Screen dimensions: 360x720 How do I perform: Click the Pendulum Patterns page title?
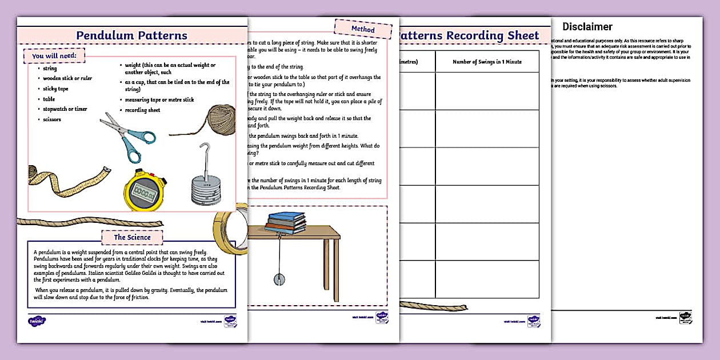(132, 35)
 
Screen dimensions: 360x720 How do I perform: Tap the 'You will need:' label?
(54, 56)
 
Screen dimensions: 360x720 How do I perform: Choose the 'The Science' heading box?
(132, 237)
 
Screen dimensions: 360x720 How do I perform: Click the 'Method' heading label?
(363, 29)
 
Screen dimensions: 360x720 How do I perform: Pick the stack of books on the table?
(286, 222)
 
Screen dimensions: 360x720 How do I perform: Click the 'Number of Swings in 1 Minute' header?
(487, 62)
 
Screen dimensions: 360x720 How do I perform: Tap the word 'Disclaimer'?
(587, 27)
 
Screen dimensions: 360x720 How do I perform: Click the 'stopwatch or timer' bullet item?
(65, 109)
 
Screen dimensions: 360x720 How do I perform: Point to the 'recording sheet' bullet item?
(143, 110)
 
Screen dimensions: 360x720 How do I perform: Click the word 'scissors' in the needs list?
(52, 119)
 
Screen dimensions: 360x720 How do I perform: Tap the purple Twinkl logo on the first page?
(37, 321)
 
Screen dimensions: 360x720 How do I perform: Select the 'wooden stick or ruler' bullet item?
(67, 78)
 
